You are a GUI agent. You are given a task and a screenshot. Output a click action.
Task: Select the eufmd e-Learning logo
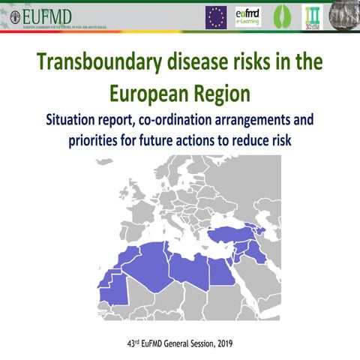tap(247, 16)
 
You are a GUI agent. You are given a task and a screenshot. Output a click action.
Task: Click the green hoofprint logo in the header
tap(280, 16)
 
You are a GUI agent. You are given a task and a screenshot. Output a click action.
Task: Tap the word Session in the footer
tap(192, 343)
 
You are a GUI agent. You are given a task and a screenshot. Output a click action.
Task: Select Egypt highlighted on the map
tap(221, 271)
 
